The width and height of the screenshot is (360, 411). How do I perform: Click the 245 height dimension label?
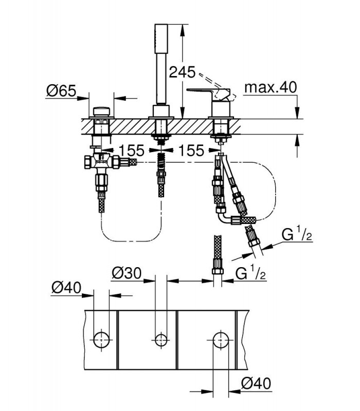[x=182, y=72]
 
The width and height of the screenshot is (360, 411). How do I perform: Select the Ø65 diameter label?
[x=61, y=91]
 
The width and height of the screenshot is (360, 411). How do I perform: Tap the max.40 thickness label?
[x=271, y=87]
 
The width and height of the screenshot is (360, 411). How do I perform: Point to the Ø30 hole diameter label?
[x=127, y=273]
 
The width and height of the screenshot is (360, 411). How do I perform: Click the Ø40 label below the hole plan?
[x=256, y=384]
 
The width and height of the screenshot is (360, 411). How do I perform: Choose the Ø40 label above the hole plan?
[x=66, y=288]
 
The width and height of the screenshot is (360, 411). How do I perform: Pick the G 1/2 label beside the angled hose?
[x=297, y=234]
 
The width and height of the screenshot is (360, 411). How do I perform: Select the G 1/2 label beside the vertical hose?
[x=250, y=273]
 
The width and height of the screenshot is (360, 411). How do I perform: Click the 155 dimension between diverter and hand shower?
[x=132, y=150]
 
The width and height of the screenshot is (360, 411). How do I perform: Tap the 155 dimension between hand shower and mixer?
[x=191, y=150]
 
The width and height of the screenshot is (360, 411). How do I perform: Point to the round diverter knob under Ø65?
[x=101, y=111]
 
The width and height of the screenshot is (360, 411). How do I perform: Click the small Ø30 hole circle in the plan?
[x=161, y=340]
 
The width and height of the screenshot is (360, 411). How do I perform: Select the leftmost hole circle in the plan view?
[x=101, y=340]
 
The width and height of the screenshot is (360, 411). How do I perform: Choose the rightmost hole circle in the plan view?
[x=221, y=340]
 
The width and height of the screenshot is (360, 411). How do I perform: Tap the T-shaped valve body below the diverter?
[x=102, y=162]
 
